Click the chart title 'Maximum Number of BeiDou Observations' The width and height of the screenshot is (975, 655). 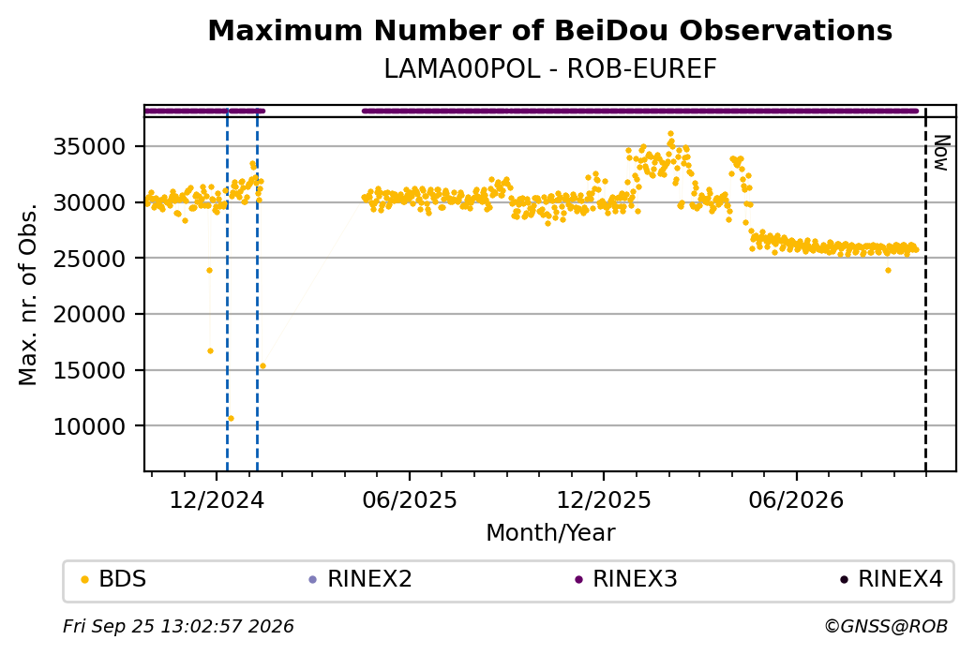[x=549, y=30]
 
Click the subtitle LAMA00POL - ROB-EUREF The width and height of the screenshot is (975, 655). [x=549, y=69]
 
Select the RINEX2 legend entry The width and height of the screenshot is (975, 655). [x=361, y=579]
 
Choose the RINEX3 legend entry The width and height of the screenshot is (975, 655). [x=626, y=579]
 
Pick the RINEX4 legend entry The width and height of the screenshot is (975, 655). [x=892, y=579]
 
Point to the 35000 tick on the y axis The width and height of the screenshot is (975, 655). [x=90, y=147]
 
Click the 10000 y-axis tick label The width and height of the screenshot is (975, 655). [x=90, y=426]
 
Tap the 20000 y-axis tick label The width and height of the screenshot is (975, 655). [x=90, y=315]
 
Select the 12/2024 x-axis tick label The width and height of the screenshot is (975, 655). [x=217, y=499]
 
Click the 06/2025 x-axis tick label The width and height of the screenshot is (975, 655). [x=410, y=499]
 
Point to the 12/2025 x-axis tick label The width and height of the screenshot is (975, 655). [x=603, y=499]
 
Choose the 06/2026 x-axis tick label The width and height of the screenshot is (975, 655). [x=797, y=499]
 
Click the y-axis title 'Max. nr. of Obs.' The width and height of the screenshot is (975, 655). [x=28, y=294]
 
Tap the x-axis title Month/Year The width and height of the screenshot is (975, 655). [x=550, y=533]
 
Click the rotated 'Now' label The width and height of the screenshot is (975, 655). [x=941, y=153]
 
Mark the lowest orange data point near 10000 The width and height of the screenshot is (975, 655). [x=231, y=418]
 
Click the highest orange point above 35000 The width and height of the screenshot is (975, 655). [x=670, y=134]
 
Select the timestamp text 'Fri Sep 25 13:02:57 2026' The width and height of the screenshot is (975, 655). [x=178, y=626]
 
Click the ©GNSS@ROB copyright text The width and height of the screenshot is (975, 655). [x=886, y=626]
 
